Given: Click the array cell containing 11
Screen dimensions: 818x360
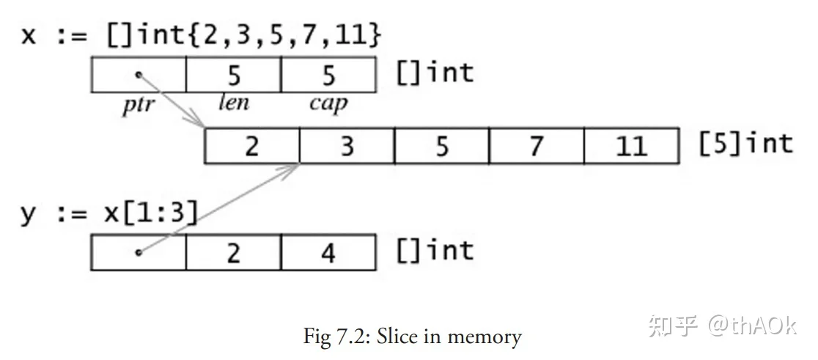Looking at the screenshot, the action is (x=632, y=146).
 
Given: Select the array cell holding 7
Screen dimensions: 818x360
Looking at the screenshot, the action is (x=537, y=146).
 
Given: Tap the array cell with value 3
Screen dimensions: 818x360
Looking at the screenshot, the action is (x=347, y=146).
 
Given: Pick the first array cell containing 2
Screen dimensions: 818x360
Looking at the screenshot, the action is (x=252, y=146).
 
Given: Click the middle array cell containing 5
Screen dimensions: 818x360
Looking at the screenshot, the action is (x=442, y=146).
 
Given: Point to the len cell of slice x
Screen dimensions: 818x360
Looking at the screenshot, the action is (x=234, y=75).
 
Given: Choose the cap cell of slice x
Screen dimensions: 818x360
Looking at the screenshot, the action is (x=328, y=75).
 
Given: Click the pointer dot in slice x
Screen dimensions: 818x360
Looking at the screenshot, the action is (x=139, y=75).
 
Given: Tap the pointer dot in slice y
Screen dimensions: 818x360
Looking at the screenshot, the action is (x=139, y=252).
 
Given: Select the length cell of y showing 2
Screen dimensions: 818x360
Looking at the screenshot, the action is (x=234, y=252).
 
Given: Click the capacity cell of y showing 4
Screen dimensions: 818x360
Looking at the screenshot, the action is (x=328, y=252).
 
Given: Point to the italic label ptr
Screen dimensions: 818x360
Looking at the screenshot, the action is (x=139, y=105).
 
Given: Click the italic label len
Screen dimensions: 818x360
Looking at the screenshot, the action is (x=234, y=102).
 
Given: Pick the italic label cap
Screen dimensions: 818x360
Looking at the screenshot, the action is (x=328, y=104).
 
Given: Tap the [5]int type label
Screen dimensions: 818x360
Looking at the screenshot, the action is (x=746, y=144).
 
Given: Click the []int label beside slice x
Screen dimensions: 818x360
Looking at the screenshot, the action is (x=435, y=73).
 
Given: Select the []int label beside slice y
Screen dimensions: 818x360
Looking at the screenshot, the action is (x=435, y=251).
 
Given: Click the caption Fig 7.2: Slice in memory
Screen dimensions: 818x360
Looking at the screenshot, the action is (x=413, y=337).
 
